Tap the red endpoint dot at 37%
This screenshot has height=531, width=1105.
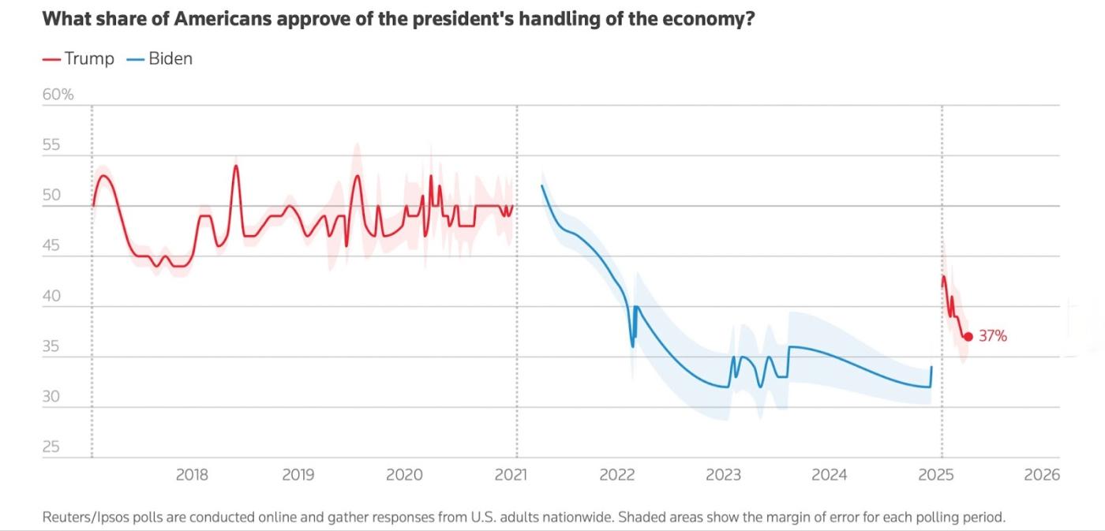968,336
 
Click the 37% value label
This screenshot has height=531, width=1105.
993,336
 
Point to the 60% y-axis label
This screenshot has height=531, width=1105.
58,95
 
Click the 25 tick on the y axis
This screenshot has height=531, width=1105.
51,447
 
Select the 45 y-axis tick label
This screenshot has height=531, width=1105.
51,245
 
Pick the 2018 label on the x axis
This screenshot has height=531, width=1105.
192,475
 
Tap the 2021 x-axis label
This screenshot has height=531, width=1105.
511,475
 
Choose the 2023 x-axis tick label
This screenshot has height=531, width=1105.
723,475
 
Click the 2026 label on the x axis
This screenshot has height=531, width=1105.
1042,475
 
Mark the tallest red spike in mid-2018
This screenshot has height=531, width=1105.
236,166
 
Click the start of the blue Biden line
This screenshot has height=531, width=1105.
542,185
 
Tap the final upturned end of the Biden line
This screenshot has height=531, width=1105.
931,368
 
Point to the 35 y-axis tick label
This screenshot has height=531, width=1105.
51,346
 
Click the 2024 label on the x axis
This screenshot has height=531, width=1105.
830,475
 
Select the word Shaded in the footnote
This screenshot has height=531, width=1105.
641,518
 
